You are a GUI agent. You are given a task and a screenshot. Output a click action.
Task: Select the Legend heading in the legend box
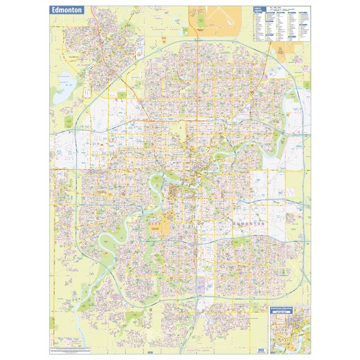coord(259,9)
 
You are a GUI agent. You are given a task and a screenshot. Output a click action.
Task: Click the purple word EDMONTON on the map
coord(248,224)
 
